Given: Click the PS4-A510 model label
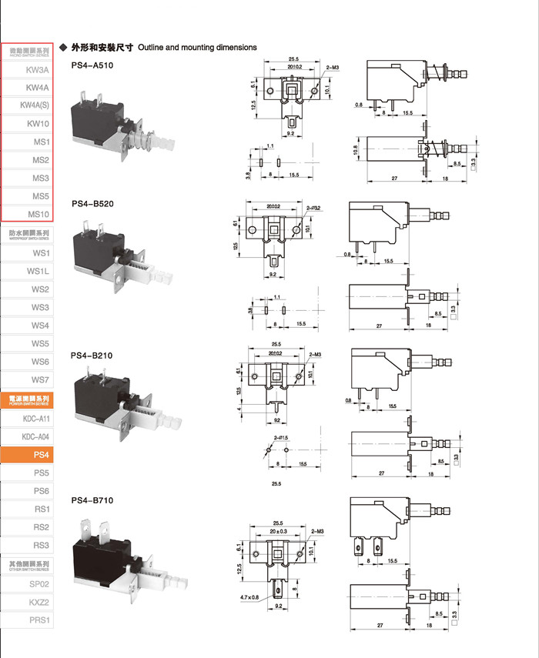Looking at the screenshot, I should pyautogui.click(x=92, y=65).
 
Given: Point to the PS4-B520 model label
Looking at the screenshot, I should pyautogui.click(x=92, y=204).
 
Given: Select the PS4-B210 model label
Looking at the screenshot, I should pyautogui.click(x=92, y=356).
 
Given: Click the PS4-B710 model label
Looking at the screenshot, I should pyautogui.click(x=92, y=500).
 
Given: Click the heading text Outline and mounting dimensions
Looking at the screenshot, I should pyautogui.click(x=197, y=48).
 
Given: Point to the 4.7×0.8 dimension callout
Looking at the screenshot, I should pyautogui.click(x=249, y=596).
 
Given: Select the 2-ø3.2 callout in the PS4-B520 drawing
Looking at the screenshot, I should pyautogui.click(x=316, y=208).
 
